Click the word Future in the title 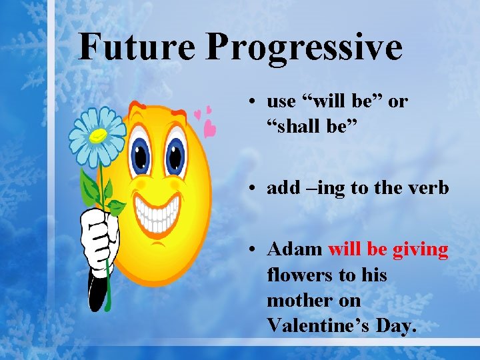137,47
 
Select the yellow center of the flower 98,135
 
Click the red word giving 420,249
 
